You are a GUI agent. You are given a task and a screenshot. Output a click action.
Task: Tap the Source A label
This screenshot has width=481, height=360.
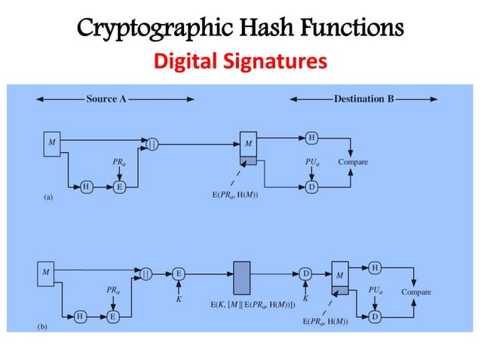106,99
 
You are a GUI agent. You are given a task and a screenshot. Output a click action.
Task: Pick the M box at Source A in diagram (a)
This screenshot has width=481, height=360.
51,143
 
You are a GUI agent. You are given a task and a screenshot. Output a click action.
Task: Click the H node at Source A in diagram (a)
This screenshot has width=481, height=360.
86,186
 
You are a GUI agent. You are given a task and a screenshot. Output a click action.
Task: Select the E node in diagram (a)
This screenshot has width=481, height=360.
118,186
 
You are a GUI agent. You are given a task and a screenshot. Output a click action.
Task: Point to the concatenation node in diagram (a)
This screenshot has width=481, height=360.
152,142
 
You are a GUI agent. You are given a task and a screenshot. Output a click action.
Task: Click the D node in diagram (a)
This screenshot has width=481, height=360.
311,186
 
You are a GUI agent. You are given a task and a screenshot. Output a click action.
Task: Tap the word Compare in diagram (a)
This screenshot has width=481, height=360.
353,161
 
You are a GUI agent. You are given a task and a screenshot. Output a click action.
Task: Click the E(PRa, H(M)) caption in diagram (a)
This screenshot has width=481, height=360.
236,194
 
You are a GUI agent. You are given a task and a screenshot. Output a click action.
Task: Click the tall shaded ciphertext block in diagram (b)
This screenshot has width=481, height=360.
241,278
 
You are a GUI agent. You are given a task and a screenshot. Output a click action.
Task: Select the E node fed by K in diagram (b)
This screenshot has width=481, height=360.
179,273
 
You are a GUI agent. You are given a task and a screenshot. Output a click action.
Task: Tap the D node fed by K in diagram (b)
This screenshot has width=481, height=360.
305,273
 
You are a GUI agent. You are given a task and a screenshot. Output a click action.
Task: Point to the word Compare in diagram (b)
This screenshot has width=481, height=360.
416,291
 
